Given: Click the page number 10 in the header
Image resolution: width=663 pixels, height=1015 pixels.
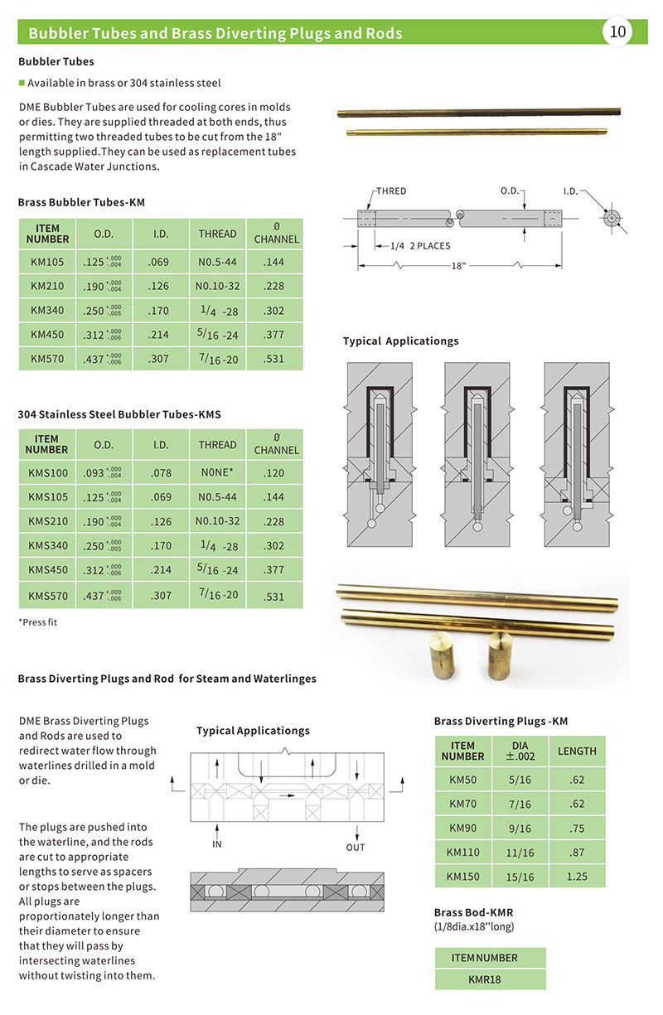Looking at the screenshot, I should (617, 31).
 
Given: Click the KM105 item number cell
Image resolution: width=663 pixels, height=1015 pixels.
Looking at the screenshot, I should (47, 262).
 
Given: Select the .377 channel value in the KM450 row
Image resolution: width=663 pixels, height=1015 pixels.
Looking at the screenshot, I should (273, 335).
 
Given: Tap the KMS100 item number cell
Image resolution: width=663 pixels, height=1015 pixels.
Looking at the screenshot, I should (47, 472).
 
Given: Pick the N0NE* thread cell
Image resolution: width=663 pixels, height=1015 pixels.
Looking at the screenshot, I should (217, 472).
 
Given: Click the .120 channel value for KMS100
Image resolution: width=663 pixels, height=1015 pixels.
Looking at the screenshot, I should (273, 473).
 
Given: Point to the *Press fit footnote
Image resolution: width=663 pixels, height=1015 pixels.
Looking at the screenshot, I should (38, 621).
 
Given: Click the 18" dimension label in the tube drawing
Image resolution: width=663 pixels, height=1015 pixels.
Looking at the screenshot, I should (458, 266).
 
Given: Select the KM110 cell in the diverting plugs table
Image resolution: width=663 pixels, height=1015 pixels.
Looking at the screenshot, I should (462, 852).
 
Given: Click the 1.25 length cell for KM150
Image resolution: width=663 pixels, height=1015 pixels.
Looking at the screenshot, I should (577, 876).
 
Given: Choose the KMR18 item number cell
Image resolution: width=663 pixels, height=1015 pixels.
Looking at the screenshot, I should (490, 979).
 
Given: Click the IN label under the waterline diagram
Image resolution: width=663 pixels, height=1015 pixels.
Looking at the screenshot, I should (216, 844).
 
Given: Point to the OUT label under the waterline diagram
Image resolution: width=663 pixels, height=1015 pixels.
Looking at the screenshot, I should (356, 848).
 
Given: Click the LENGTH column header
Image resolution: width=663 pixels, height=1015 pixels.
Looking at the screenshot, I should (577, 751).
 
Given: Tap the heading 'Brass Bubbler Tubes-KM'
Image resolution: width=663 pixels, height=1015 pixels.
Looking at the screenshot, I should (81, 201).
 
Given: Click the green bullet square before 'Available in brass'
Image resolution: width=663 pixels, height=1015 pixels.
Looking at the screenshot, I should (22, 83).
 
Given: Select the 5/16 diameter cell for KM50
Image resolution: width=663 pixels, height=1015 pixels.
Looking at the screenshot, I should (520, 780).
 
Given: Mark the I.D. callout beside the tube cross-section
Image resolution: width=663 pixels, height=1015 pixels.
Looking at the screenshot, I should (571, 191).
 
